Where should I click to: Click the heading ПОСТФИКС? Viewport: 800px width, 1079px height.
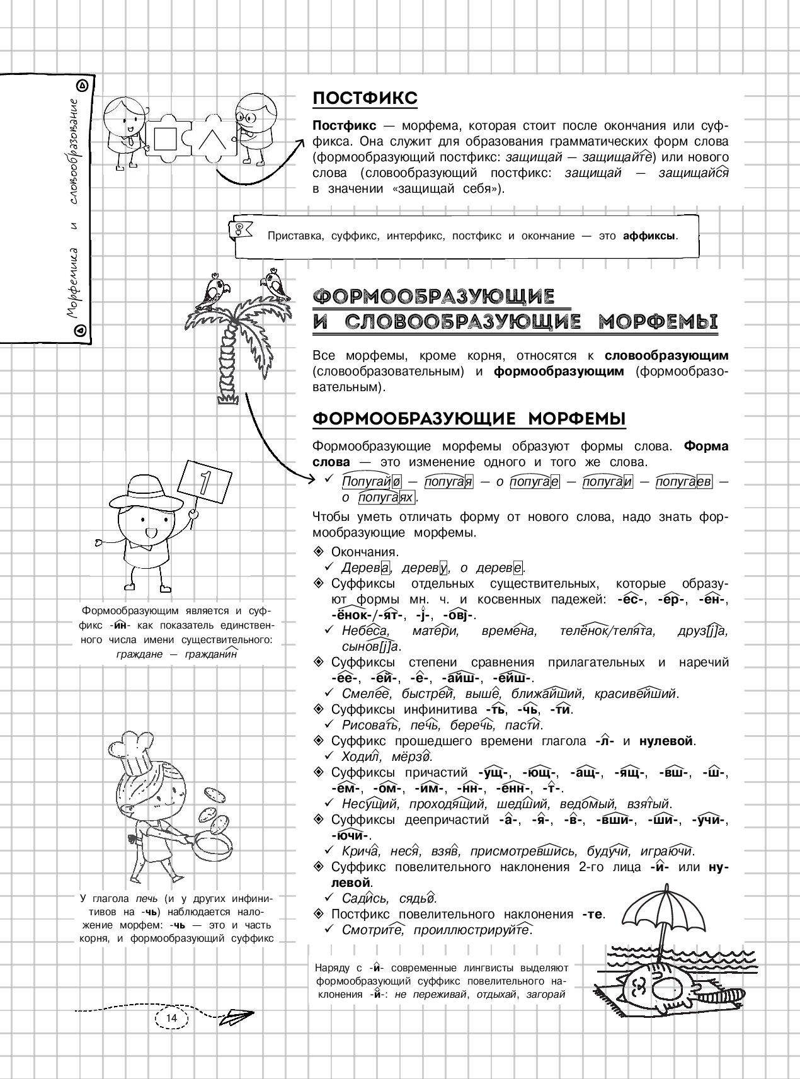(365, 99)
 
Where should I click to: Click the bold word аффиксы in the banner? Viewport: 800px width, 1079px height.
(649, 236)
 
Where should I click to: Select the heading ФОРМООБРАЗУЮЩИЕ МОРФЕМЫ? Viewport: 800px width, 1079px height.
(469, 420)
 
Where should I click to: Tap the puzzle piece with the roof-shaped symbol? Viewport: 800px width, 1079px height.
(212, 139)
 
